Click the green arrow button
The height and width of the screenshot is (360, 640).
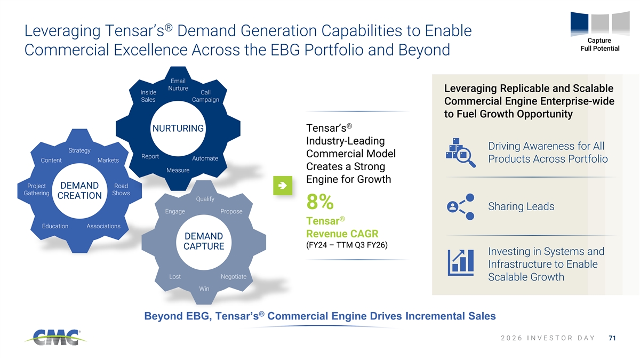tap(283, 186)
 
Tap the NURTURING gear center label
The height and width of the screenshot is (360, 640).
tap(178, 129)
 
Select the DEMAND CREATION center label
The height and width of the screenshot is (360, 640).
tap(79, 190)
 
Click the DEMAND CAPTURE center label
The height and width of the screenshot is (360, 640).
tap(204, 241)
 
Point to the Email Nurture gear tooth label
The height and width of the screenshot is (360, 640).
tap(178, 85)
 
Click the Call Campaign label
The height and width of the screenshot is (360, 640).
tap(205, 96)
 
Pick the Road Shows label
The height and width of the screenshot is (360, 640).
tap(121, 189)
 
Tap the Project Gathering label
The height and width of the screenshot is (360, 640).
tap(36, 189)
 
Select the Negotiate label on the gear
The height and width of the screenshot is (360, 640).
tap(234, 277)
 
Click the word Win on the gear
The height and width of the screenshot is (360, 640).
tap(204, 289)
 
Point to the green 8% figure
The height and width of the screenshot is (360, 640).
tap(320, 202)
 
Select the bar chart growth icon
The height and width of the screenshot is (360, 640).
tap(461, 262)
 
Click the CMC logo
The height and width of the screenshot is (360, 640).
tap(55, 338)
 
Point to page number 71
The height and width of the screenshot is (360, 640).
tap(612, 338)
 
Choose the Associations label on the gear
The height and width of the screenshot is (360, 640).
tap(103, 226)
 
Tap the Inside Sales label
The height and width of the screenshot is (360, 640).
tap(148, 96)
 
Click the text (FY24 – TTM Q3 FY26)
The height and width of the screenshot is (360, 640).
tap(347, 245)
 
